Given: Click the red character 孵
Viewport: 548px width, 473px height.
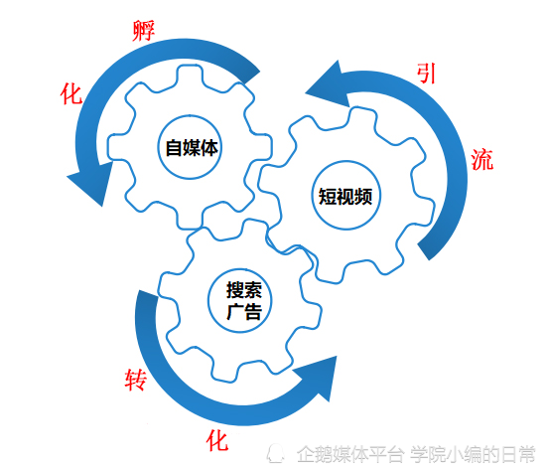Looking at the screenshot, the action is point(143,31).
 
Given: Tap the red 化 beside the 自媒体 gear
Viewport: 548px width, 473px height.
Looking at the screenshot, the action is point(71,93).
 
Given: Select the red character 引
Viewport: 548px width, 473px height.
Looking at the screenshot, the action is point(426,74).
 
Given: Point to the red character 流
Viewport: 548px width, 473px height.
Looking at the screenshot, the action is point(481,160).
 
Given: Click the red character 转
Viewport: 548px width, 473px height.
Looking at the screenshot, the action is point(136,380).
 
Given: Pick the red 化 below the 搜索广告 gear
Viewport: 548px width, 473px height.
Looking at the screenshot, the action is point(217,441).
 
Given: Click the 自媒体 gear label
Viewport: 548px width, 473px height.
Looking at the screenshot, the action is point(192,148).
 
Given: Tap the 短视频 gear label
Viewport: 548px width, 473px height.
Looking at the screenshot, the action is point(345,197).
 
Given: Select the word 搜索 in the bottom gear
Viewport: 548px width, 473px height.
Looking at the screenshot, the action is point(244,290).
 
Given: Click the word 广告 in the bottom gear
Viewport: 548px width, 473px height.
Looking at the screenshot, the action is point(244,311).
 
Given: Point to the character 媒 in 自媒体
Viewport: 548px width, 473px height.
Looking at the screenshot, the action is point(192,148).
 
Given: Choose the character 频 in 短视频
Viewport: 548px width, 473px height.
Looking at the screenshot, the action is point(363,197).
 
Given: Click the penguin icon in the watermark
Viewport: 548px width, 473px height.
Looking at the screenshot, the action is point(276,454).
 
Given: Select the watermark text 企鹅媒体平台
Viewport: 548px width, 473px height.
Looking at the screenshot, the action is point(350,454).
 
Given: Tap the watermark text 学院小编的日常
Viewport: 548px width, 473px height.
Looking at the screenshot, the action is point(473,454).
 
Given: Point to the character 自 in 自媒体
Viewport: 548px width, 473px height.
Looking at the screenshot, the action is point(174,148).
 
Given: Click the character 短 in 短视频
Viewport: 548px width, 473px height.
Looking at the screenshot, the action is point(328,197).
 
